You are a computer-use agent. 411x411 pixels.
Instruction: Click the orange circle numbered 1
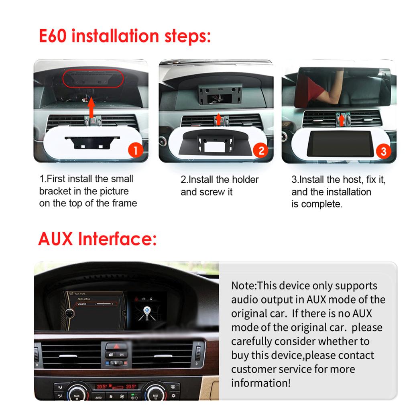click(x=135, y=151)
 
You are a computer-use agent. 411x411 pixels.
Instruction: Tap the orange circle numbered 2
click(x=261, y=151)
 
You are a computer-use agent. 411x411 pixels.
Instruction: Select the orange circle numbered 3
click(x=383, y=151)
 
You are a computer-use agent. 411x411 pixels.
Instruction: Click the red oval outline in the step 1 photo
click(x=92, y=79)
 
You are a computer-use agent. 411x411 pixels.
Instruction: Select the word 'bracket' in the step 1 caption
click(x=55, y=191)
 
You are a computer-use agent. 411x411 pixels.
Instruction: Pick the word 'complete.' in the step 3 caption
click(x=321, y=204)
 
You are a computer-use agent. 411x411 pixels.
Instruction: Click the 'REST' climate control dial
click(x=155, y=395)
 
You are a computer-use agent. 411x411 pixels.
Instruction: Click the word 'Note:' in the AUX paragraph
click(x=244, y=286)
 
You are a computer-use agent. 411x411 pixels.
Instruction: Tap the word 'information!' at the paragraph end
click(x=260, y=383)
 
